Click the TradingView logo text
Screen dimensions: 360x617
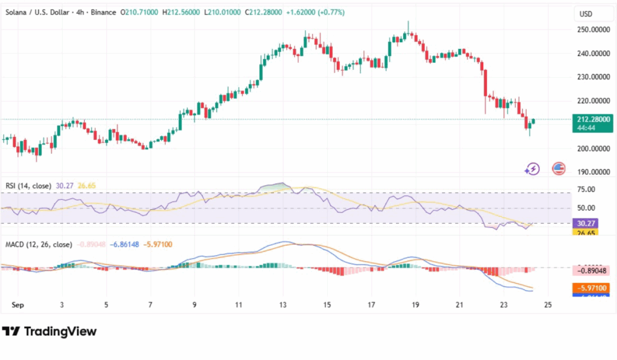point(49,331)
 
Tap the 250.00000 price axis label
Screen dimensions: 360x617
point(592,30)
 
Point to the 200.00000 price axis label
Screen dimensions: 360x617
point(592,148)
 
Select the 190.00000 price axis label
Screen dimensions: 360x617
point(592,172)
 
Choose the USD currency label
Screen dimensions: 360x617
point(586,14)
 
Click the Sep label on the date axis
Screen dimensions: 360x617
point(18,305)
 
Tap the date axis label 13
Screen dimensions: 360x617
point(283,305)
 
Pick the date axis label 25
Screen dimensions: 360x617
point(548,305)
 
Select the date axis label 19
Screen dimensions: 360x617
point(415,305)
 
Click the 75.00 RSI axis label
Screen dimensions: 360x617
point(586,189)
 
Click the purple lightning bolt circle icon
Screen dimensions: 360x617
point(532,169)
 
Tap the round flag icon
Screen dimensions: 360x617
point(559,169)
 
